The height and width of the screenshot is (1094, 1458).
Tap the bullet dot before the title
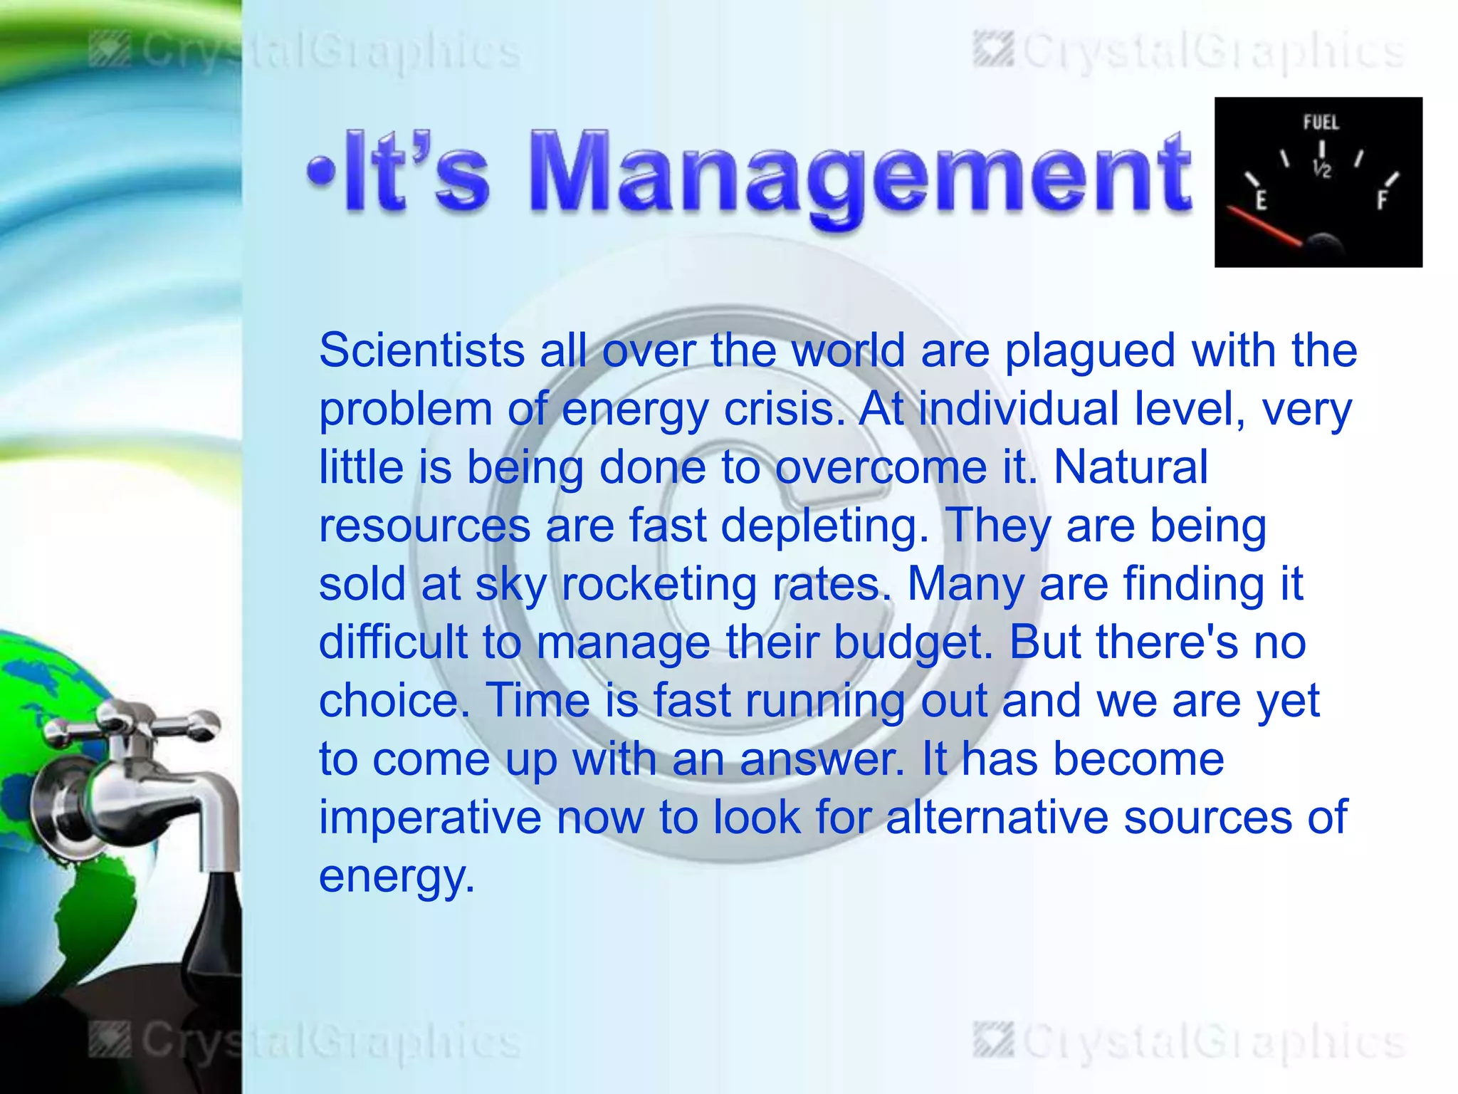coord(321,172)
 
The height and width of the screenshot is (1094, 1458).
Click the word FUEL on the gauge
coord(1321,123)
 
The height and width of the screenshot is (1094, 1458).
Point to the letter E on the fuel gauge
coord(1261,201)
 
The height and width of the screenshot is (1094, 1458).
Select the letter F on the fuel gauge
coord(1381,200)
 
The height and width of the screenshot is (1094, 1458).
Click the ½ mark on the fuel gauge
coord(1321,169)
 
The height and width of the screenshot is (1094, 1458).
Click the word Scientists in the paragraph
coord(421,350)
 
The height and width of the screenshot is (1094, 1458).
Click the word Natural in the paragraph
coord(1131,467)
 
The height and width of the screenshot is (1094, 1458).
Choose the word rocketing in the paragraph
coord(659,585)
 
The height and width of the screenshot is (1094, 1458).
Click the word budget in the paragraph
coord(913,644)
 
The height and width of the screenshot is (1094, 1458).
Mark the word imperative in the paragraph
coord(430,818)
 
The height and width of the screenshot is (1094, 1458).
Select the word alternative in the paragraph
coord(997,818)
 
